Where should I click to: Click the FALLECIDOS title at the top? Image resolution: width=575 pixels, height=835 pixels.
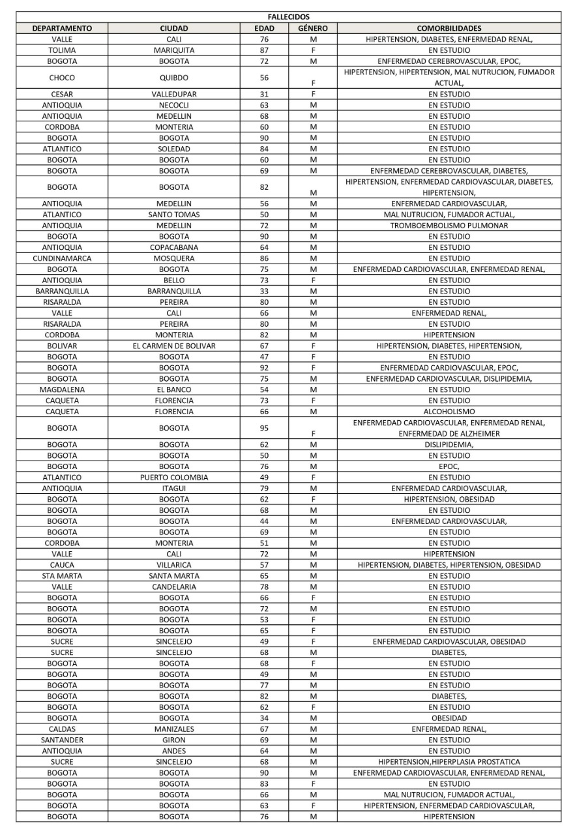click(x=288, y=16)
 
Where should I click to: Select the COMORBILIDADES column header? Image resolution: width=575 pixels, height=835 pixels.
click(x=449, y=28)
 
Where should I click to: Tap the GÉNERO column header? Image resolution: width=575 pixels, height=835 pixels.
click(x=313, y=28)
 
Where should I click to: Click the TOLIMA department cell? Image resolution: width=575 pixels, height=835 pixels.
click(x=62, y=50)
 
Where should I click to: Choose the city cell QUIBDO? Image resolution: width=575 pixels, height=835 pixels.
click(x=174, y=78)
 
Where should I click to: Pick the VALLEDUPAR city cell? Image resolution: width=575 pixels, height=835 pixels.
click(x=174, y=94)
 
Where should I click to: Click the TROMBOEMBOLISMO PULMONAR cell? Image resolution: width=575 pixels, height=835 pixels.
click(x=449, y=226)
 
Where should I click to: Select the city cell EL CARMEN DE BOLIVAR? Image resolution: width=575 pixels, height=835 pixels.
click(x=174, y=346)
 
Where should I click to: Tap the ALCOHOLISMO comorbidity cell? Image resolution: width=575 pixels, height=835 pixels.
click(x=449, y=412)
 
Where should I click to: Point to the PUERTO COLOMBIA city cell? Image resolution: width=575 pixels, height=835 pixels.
click(x=174, y=478)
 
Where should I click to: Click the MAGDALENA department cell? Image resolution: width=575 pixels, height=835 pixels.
click(x=62, y=389)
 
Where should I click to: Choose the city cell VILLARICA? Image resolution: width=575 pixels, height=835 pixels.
click(x=174, y=565)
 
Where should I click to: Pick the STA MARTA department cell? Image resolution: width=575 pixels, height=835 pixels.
click(x=62, y=576)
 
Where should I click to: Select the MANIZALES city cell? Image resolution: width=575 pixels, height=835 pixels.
click(x=174, y=729)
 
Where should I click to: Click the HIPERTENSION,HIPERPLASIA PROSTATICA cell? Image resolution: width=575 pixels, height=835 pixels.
click(x=449, y=762)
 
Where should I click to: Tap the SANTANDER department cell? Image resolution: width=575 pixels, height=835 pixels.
click(x=62, y=740)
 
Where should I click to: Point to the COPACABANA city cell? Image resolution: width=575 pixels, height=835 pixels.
click(x=174, y=247)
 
